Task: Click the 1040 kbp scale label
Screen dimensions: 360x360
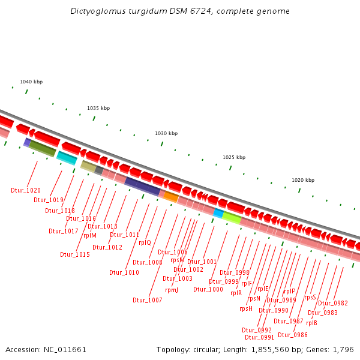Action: click(31, 82)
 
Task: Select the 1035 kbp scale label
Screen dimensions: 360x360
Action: click(98, 108)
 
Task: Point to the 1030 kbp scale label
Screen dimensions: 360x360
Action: click(166, 133)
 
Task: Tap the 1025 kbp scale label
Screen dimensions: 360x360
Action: click(234, 157)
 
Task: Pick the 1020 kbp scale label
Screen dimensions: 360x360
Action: click(303, 180)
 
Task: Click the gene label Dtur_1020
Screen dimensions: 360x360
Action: click(26, 190)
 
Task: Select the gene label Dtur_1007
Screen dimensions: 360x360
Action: click(148, 300)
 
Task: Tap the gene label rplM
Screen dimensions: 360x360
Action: click(90, 235)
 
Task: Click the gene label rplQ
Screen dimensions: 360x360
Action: click(145, 242)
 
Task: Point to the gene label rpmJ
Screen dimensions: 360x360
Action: click(172, 290)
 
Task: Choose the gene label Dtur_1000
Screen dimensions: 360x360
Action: click(208, 289)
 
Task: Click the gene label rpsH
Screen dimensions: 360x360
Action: click(246, 308)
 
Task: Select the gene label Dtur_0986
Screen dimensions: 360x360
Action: click(293, 335)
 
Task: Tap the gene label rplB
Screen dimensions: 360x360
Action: click(311, 323)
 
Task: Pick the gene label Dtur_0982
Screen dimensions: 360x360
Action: click(333, 303)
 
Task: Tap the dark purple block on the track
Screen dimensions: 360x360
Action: click(142, 186)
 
